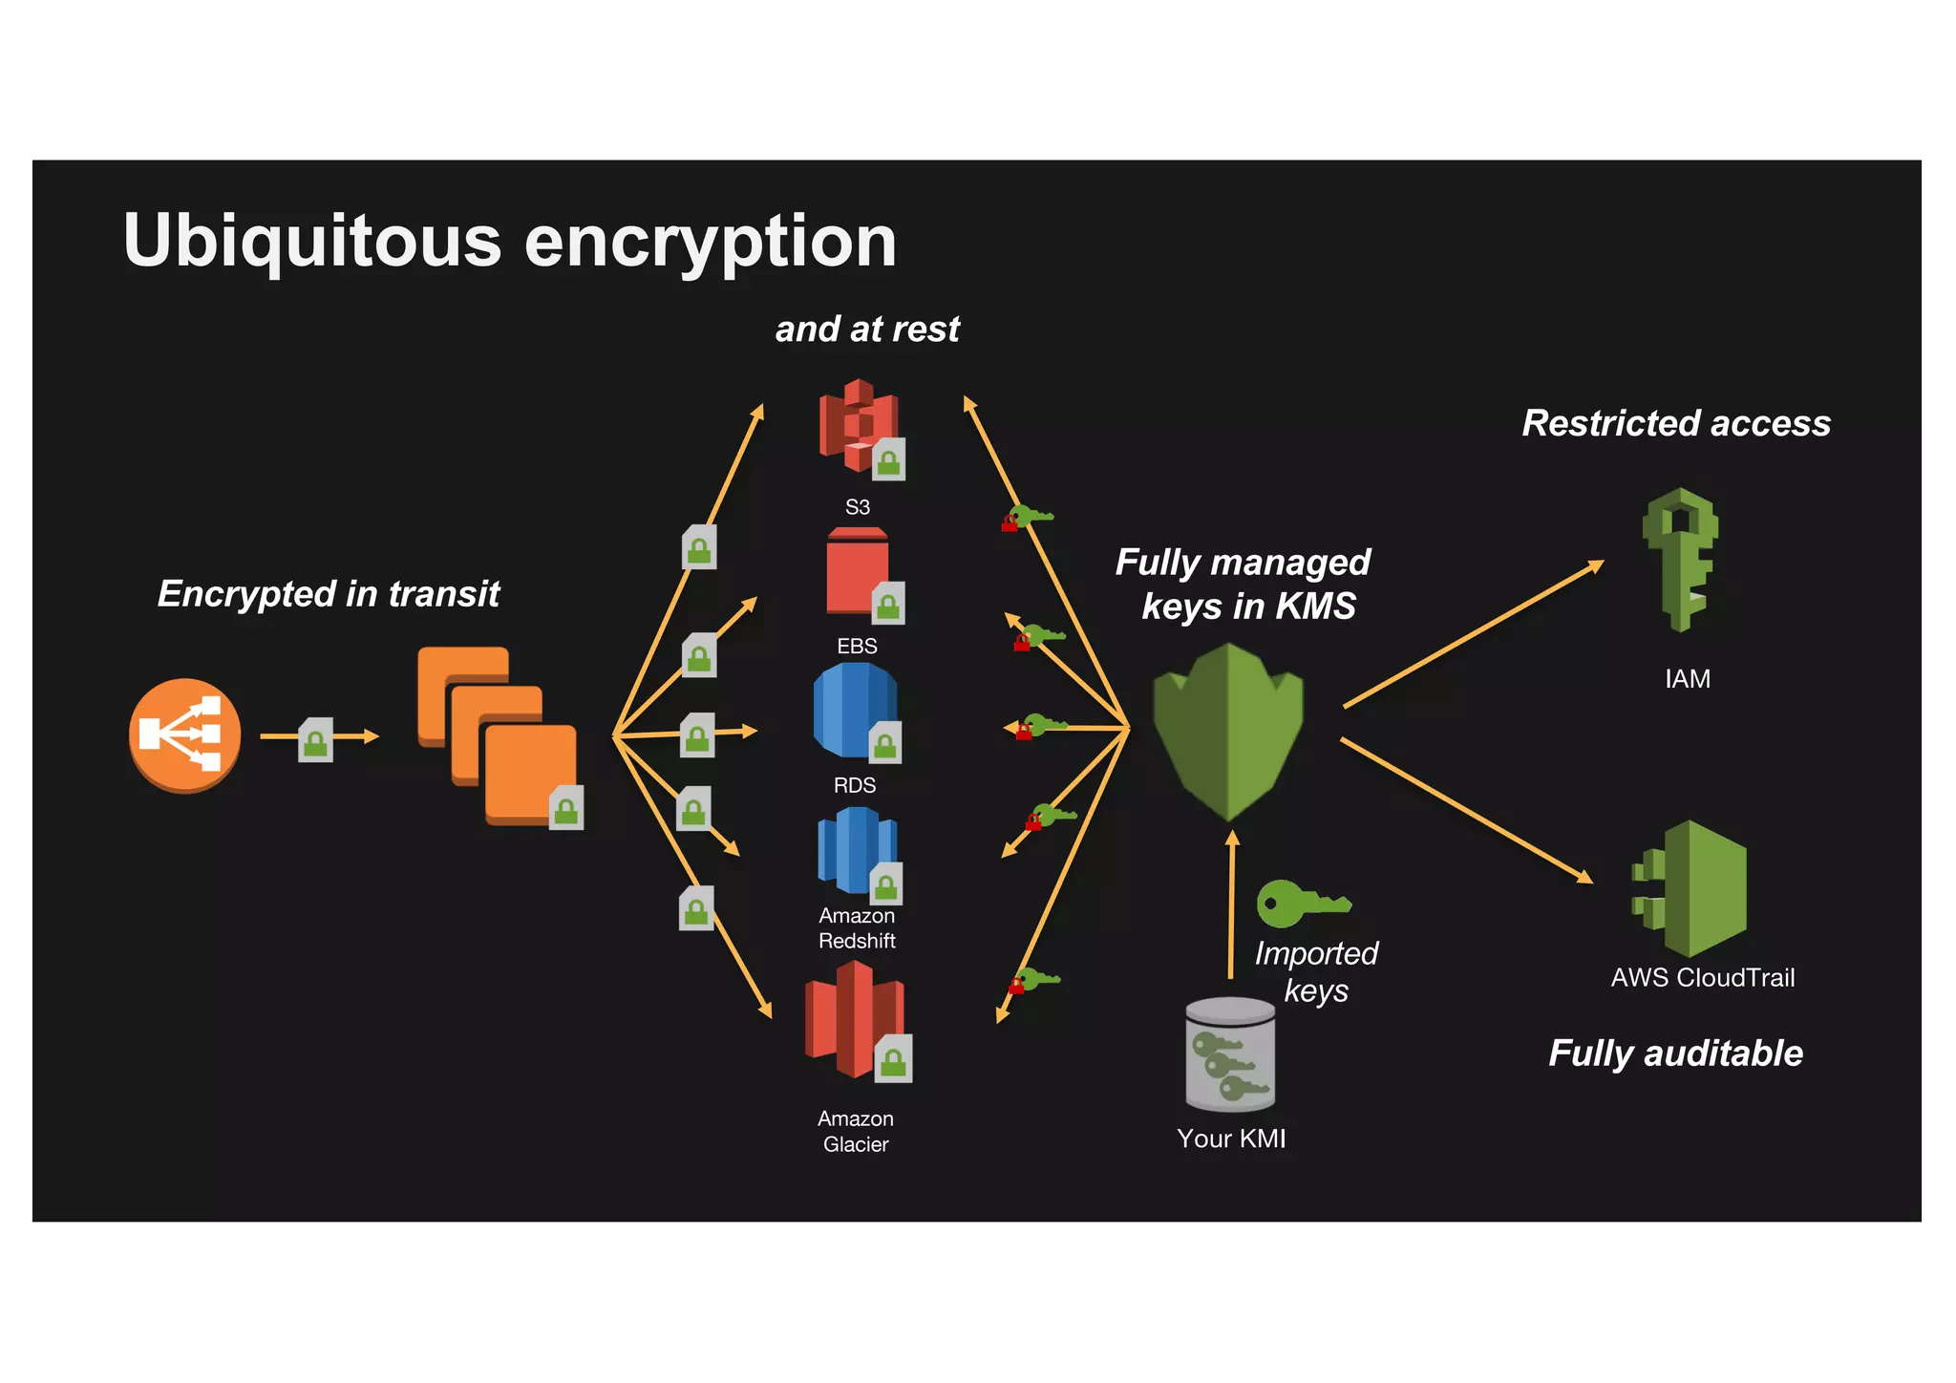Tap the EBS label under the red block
pyautogui.click(x=857, y=647)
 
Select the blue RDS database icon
pyautogui.click(x=853, y=712)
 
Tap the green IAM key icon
pyautogui.click(x=1680, y=559)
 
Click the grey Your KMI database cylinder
pyautogui.click(x=1230, y=1054)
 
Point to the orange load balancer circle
pyautogui.click(x=184, y=734)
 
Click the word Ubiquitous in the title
pyautogui.click(x=312, y=241)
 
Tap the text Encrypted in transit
pyautogui.click(x=329, y=594)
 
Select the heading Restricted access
pyautogui.click(x=1676, y=423)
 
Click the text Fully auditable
pyautogui.click(x=1675, y=1053)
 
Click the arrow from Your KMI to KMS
pyautogui.click(x=1232, y=907)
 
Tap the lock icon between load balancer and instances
pyautogui.click(x=316, y=740)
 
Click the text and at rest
pyautogui.click(x=867, y=330)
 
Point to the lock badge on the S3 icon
pyautogui.click(x=889, y=459)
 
